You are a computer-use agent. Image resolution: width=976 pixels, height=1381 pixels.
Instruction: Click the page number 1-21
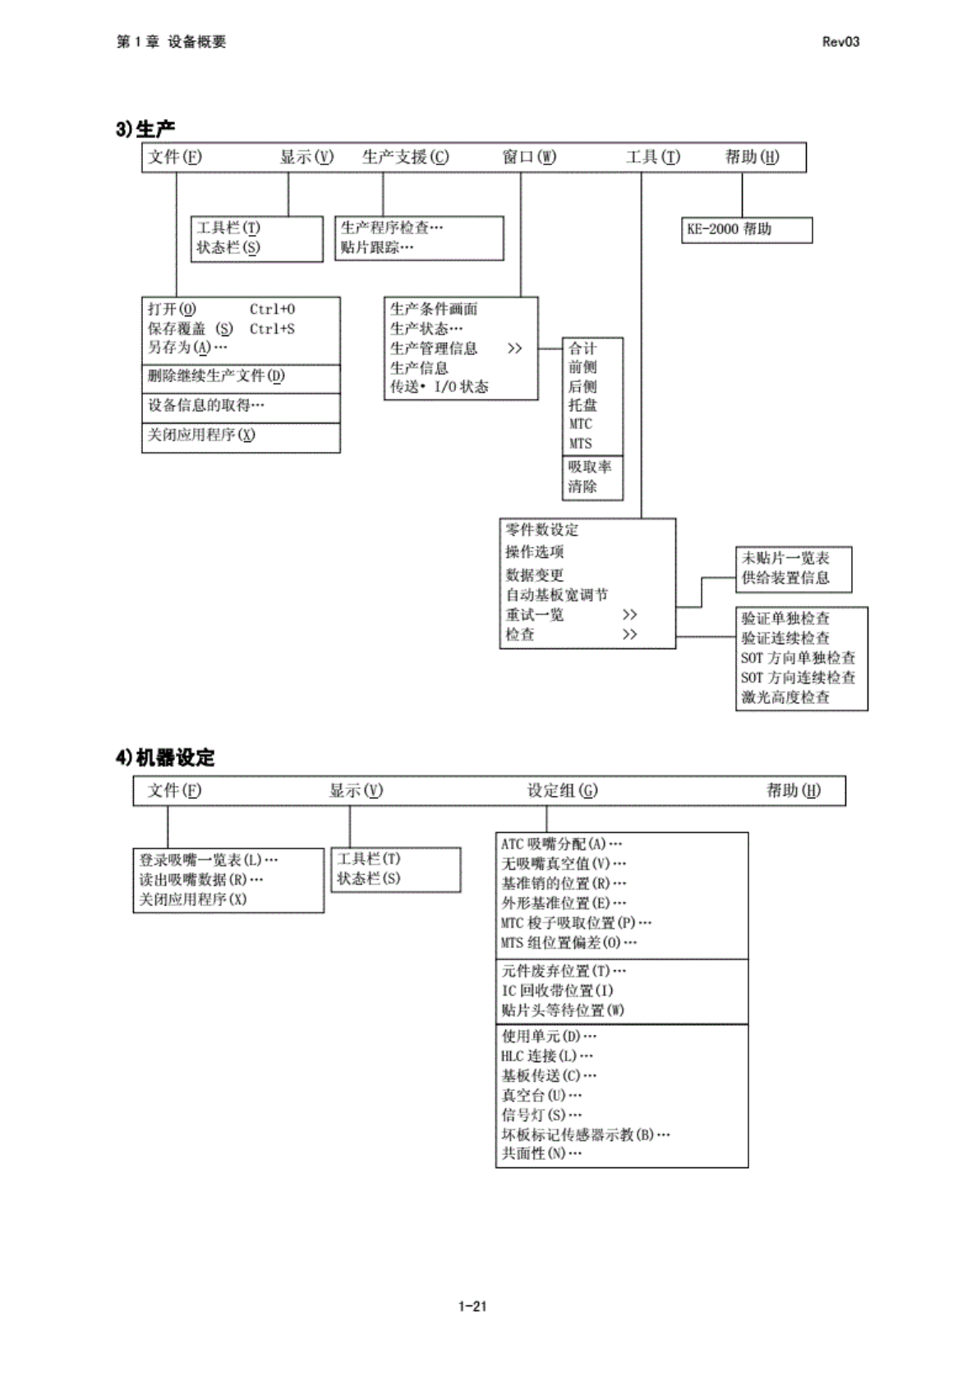pos(472,1306)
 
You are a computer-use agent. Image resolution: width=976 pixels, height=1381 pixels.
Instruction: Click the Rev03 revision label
pos(840,42)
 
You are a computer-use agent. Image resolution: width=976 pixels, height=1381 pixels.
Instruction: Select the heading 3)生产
pos(145,129)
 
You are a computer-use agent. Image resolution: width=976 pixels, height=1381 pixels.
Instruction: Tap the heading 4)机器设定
pos(165,757)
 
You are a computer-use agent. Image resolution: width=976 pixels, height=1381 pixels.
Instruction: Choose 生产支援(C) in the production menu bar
pos(406,157)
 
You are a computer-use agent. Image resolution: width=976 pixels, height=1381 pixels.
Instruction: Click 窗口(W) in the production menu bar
pos(529,157)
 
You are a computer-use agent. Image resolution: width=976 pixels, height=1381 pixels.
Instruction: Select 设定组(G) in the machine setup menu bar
pos(562,790)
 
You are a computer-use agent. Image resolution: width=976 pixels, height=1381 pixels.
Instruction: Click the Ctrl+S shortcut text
pos(272,329)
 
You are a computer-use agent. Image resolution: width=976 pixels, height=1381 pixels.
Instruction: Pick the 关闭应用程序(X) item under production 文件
pos(201,435)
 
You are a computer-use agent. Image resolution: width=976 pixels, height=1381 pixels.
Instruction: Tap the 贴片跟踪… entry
pos(377,247)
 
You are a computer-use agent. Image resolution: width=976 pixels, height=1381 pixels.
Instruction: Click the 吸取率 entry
pos(590,467)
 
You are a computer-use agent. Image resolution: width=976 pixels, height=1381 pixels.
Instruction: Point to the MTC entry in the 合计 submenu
pos(580,424)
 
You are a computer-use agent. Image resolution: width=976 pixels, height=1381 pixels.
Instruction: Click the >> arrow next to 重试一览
pos(629,615)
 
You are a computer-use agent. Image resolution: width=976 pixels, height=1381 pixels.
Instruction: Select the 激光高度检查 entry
pos(785,697)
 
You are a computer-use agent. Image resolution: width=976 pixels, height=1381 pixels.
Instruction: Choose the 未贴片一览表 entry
pos(785,558)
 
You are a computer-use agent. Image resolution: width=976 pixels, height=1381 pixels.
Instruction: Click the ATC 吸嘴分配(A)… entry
pos(562,844)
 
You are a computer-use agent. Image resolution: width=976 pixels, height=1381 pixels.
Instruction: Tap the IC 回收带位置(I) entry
pos(557,991)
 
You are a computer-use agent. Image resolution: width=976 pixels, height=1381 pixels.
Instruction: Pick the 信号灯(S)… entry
pos(542,1115)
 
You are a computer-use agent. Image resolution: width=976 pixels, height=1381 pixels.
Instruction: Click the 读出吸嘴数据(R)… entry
pos(201,880)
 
